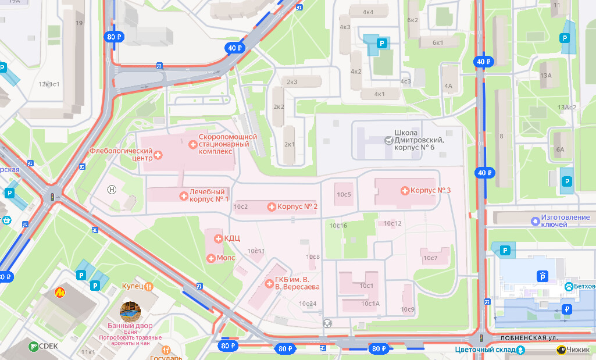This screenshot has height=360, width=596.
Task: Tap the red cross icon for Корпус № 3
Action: click(405, 191)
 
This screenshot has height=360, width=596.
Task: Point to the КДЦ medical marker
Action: click(219, 238)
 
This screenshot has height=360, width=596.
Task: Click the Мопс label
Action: click(225, 258)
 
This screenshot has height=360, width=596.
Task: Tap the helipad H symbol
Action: click(112, 189)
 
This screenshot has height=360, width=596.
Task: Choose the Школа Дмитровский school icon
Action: click(388, 140)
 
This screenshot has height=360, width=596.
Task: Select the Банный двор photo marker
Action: click(130, 311)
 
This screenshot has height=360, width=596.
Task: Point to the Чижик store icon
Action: click(562, 350)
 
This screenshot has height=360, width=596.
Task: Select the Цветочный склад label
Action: click(486, 350)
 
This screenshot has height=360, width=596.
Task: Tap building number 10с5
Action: click(344, 194)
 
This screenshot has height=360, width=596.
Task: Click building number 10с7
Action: click(430, 258)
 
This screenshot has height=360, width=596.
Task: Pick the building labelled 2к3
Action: click(292, 82)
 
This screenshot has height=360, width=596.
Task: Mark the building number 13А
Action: click(545, 76)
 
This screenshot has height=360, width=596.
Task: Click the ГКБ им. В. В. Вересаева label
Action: click(297, 283)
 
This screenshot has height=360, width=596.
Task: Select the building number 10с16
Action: click(338, 226)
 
